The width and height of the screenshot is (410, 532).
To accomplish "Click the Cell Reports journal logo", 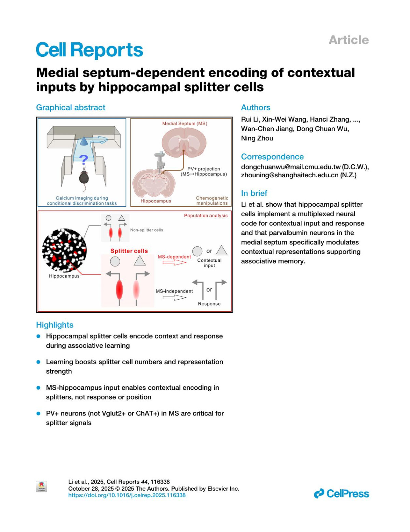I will point(89,50).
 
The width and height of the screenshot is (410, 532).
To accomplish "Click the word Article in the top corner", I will point(348,40).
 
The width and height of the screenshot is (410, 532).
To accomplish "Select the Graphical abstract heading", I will point(71,108).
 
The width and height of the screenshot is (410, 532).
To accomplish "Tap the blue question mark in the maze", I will point(83,159).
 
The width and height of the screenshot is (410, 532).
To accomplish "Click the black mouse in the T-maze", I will point(84,177).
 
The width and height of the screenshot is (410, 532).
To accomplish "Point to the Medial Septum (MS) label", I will point(184,123).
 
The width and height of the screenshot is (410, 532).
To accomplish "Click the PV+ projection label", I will point(204,169).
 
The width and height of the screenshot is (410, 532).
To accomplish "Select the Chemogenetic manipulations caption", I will point(212,201).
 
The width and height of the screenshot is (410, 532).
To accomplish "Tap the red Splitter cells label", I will point(129,251).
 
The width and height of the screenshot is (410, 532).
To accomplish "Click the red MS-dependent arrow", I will point(174,262).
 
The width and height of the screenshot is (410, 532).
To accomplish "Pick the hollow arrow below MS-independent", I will point(174,298).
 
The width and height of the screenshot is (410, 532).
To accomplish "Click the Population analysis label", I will point(206,216).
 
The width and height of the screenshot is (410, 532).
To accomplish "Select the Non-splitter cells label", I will point(147,230).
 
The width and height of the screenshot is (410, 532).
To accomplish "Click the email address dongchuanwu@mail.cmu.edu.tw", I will point(291,167).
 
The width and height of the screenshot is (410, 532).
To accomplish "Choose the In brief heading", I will point(254,193).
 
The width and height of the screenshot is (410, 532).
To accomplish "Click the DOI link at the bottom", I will point(127,495).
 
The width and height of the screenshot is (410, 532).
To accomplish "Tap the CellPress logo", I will point(341,493).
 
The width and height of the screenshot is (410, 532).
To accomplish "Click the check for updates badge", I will point(41,486).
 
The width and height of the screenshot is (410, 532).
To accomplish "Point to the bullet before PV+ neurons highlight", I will point(39,413).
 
